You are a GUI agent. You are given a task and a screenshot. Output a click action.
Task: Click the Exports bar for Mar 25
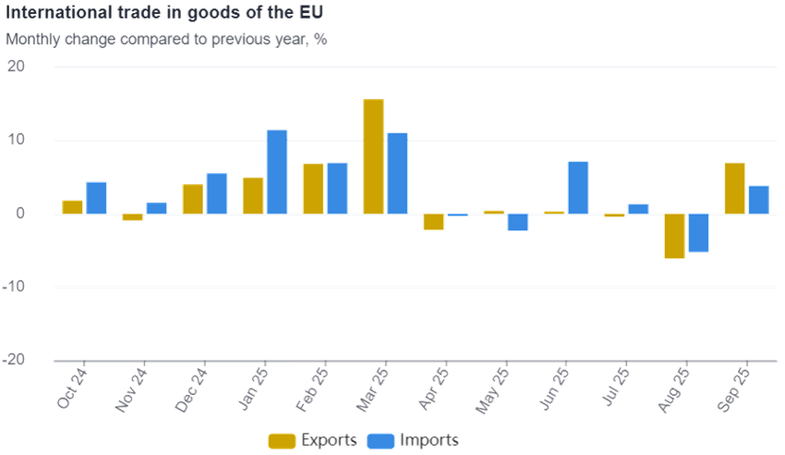coord(374,156)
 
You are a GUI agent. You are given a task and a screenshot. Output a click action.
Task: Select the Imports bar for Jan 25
coord(277,172)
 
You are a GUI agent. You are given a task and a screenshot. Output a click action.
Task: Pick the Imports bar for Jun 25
coord(578,187)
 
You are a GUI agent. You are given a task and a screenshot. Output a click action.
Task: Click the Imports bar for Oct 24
coord(96,198)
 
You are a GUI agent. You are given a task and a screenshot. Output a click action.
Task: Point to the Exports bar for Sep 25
coord(735,188)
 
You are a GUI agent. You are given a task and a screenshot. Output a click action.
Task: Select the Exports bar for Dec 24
coord(193,199)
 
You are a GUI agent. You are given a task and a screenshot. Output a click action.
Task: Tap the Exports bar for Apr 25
coord(434,222)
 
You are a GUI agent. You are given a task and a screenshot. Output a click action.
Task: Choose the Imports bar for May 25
coord(518,222)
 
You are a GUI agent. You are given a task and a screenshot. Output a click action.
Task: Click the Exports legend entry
coord(314,440)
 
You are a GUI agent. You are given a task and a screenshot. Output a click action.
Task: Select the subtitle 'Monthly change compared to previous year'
coord(167,40)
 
